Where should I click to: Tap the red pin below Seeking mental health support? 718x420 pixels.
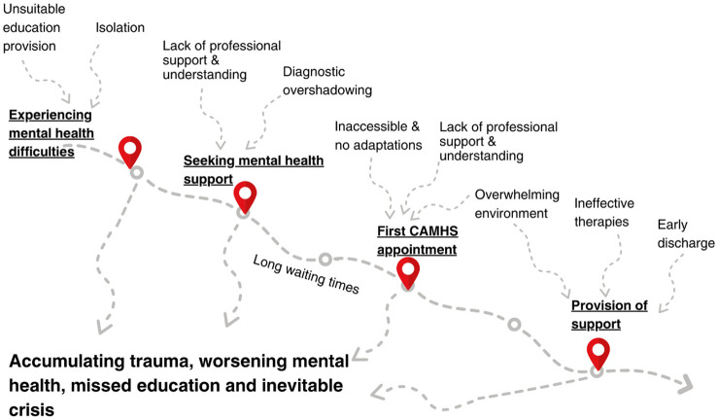(245, 195)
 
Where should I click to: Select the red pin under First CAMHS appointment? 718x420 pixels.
(408, 272)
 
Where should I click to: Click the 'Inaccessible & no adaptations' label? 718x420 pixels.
(378, 135)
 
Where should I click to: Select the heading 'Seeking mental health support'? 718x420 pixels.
(255, 170)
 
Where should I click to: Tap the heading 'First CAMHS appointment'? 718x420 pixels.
(417, 240)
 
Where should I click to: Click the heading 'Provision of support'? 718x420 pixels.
(609, 314)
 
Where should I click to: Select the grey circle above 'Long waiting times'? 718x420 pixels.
(325, 260)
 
